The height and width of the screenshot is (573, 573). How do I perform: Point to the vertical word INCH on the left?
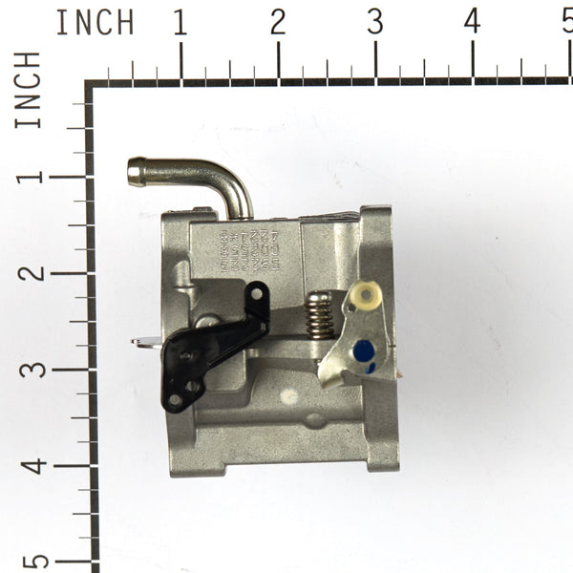29,91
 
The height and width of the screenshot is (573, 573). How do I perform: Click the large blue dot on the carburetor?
364,351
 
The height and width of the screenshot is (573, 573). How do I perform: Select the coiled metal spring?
322,315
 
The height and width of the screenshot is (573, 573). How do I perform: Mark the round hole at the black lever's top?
256,292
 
